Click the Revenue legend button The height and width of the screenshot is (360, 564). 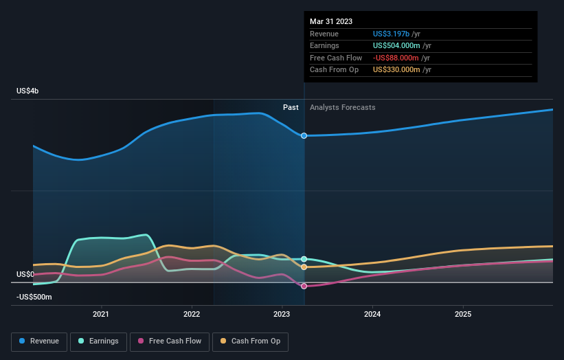coord(39,341)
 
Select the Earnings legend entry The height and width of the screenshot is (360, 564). coord(98,341)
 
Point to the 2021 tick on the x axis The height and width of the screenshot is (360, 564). coord(101,315)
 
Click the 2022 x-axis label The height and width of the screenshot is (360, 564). coord(192,315)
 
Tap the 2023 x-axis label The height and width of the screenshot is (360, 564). coord(282,315)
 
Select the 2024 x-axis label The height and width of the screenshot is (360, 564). coord(372,315)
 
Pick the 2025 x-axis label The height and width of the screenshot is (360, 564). coord(463,315)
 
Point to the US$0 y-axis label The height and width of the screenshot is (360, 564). coord(25,274)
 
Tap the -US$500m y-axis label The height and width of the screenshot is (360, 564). coord(34,297)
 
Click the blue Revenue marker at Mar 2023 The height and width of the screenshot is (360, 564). coord(304,136)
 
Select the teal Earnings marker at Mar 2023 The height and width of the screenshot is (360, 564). coord(304,259)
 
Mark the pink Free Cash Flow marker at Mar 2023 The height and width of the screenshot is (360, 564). coord(304,286)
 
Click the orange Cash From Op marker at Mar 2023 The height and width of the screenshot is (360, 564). coord(304,267)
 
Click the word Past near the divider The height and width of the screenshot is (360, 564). coord(291,107)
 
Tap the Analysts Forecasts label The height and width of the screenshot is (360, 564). coord(343,107)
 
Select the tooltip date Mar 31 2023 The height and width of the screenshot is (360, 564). coord(331,21)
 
